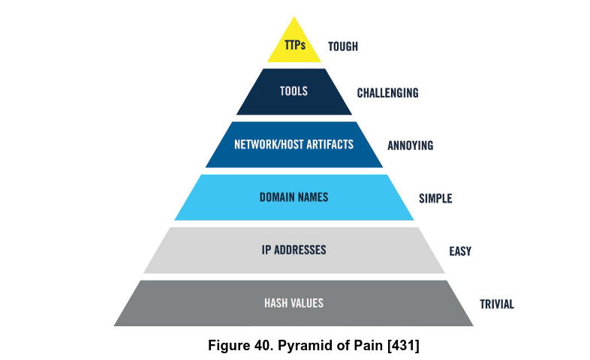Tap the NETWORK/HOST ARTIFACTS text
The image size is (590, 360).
click(x=293, y=144)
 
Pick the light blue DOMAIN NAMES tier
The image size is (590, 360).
click(x=293, y=198)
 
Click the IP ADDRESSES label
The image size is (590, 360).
click(x=293, y=250)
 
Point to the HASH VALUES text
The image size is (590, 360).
click(x=293, y=303)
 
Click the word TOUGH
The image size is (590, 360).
click(x=343, y=46)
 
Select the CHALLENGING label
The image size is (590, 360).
click(x=387, y=93)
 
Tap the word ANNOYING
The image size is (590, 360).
click(x=410, y=145)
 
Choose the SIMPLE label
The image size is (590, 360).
click(x=435, y=199)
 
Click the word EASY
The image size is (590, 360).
click(x=459, y=251)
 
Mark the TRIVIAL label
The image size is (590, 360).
click(x=496, y=304)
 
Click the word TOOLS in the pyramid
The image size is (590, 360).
click(x=293, y=91)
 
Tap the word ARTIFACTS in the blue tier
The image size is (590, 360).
click(x=324, y=144)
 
